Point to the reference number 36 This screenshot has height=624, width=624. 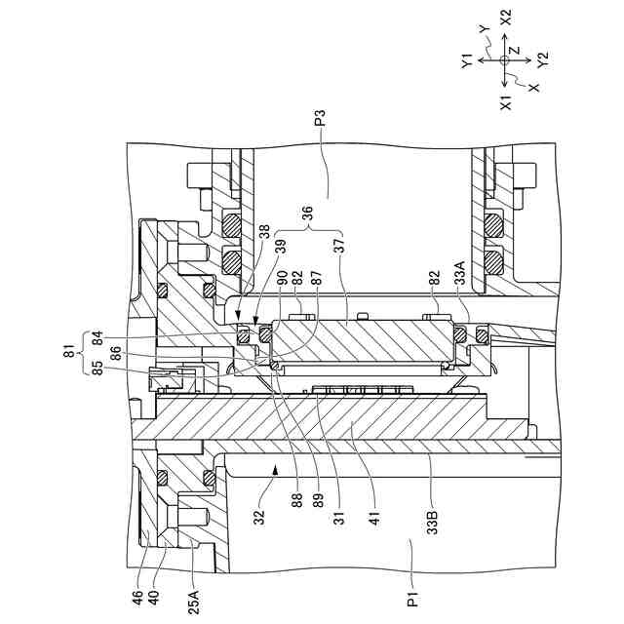click(306, 212)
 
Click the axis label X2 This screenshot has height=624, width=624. click(505, 18)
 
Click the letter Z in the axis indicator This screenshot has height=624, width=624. click(515, 49)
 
